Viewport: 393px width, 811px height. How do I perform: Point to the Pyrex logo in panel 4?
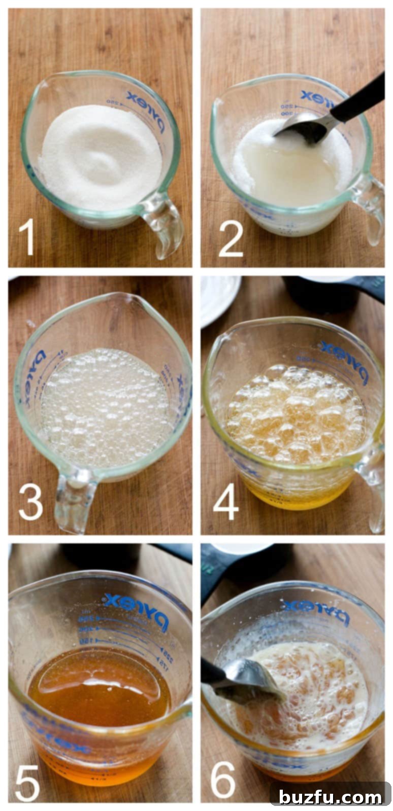343,361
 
